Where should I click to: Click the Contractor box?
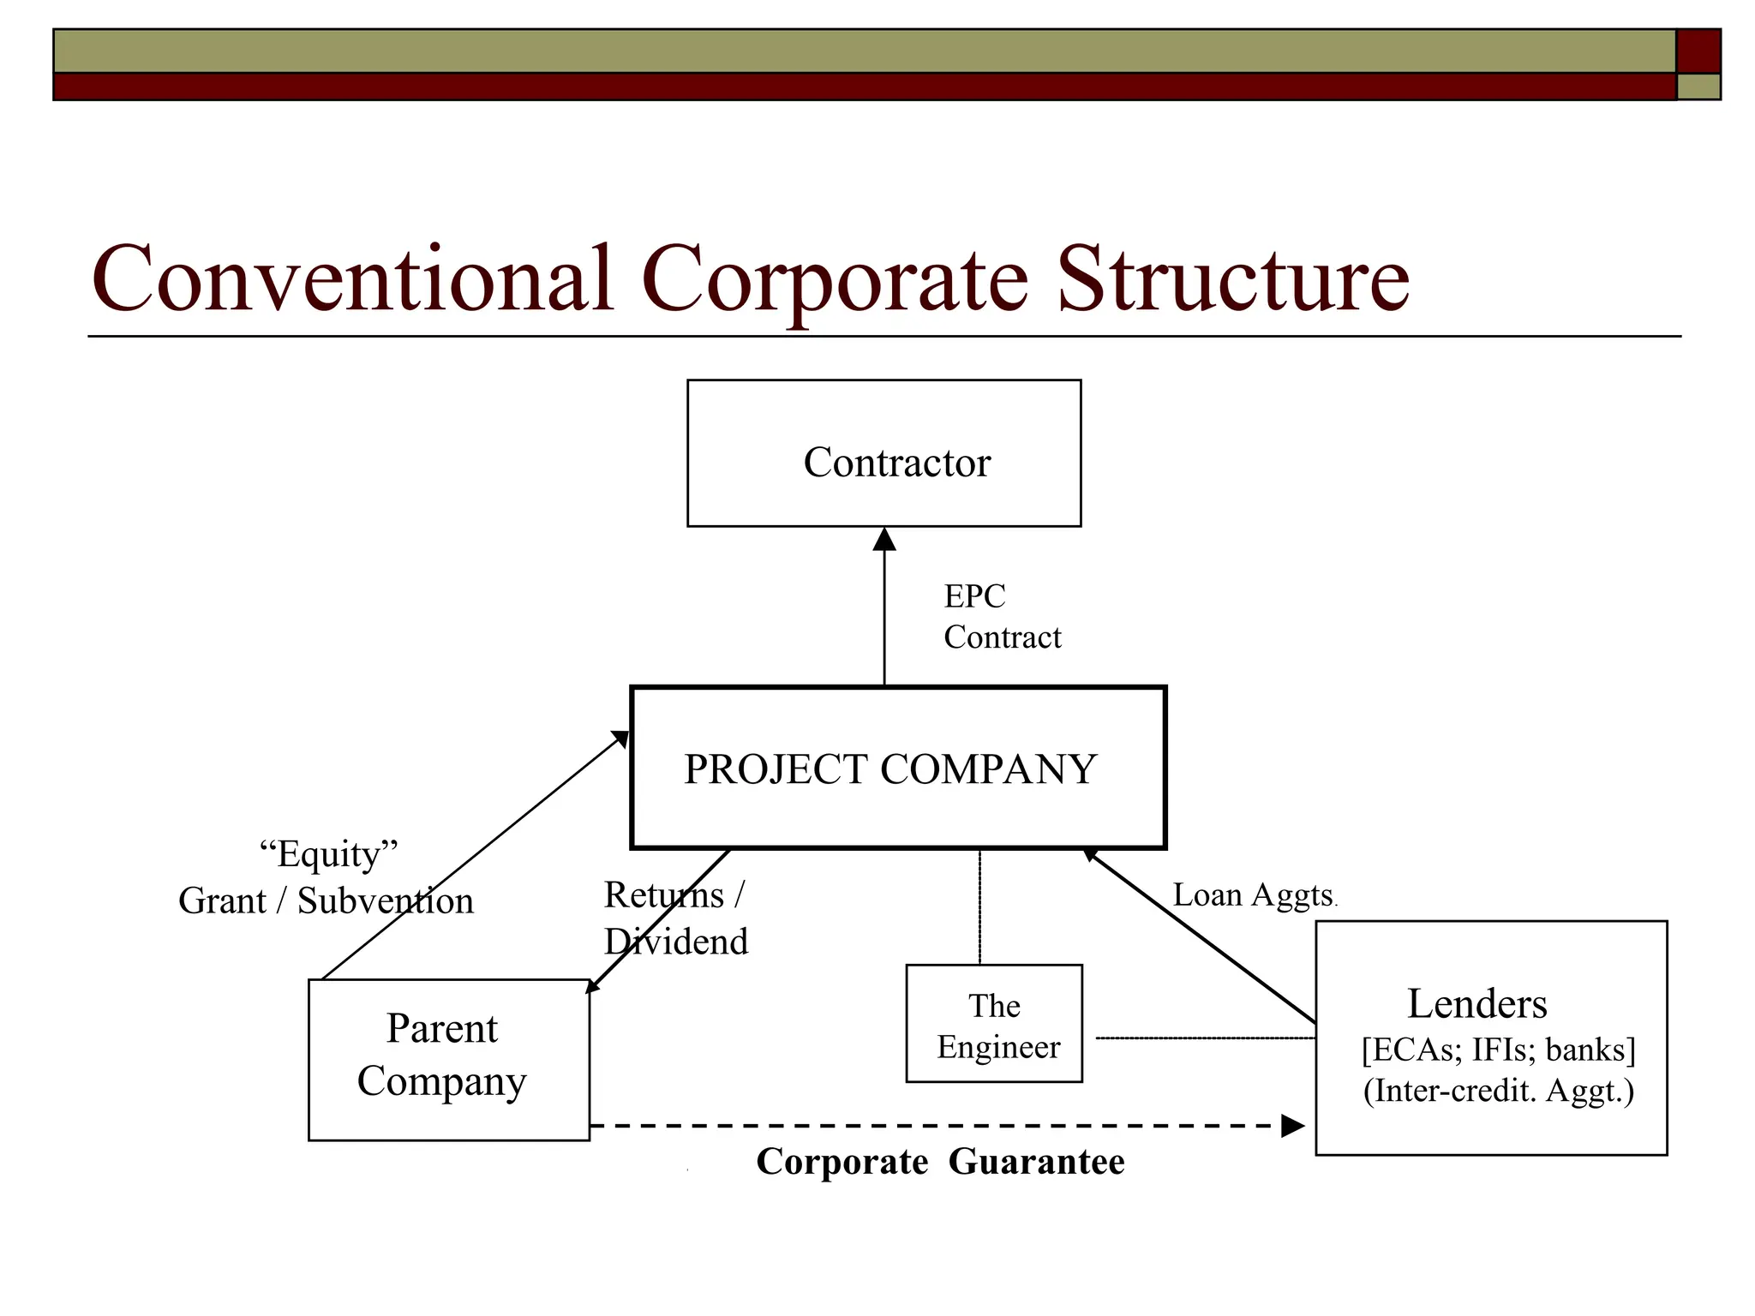coord(883,453)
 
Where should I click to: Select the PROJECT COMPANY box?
coord(897,768)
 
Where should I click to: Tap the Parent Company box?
coord(448,1059)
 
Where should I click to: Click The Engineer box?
coord(994,1024)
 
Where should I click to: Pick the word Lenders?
coord(1476,1003)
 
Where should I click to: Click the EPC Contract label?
coord(1001,617)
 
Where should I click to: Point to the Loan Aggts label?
coord(1253,895)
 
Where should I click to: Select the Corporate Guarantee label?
coord(940,1162)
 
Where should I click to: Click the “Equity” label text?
coord(328,854)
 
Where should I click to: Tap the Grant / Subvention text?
coord(326,901)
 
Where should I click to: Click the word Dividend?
coord(676,942)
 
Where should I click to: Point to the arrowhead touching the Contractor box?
coord(884,540)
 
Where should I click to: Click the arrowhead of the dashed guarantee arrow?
coord(1292,1126)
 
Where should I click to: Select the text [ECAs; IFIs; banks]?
coord(1498,1050)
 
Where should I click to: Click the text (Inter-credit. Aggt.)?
coord(1498,1091)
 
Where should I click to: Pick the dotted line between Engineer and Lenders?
coord(1204,1038)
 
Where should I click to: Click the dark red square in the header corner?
coord(1698,51)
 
